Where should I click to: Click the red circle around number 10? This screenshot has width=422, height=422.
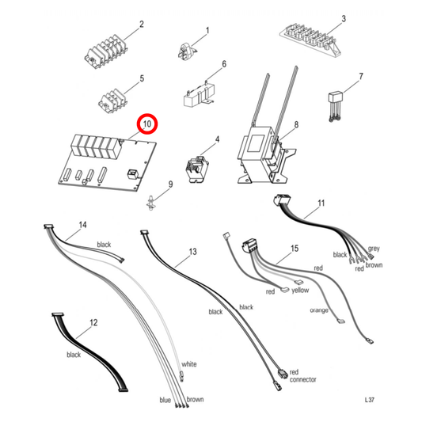coord(147,124)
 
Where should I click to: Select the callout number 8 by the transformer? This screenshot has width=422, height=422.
coord(296,125)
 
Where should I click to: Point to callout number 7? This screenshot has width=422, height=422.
coord(361,77)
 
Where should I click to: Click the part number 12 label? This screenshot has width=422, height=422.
coord(93,323)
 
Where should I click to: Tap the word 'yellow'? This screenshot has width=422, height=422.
coord(300,291)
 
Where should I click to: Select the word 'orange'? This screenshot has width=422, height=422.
coord(319,310)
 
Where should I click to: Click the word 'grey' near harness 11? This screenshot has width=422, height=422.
coord(374,249)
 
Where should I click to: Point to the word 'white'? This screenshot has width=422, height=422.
coord(188,365)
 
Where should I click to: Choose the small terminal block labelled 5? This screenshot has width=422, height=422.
coord(113,101)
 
